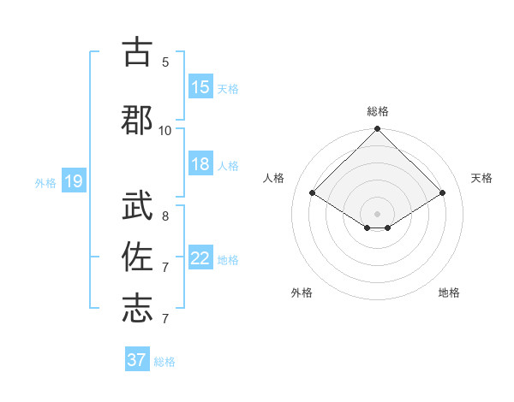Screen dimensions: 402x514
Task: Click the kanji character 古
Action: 136,52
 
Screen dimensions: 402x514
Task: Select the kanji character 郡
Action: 136,120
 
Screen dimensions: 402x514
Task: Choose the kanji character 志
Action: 136,309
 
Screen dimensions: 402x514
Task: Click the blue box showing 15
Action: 200,87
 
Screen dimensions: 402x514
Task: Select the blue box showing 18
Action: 200,165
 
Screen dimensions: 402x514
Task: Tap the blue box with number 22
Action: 200,259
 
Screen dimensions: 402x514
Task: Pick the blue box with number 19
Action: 74,181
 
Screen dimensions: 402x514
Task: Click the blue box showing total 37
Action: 137,360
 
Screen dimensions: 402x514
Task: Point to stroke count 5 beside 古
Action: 165,62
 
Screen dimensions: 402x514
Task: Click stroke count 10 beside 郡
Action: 165,130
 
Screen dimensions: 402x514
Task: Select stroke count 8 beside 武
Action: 165,216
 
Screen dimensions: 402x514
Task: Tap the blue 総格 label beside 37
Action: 164,362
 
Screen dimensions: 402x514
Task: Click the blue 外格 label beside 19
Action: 45,182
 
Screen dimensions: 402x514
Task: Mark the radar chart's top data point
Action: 377,130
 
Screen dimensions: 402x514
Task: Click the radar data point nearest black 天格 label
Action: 443,193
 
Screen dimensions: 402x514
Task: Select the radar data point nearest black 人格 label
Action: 313,193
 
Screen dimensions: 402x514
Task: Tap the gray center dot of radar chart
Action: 377,213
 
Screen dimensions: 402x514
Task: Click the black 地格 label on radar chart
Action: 449,293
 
